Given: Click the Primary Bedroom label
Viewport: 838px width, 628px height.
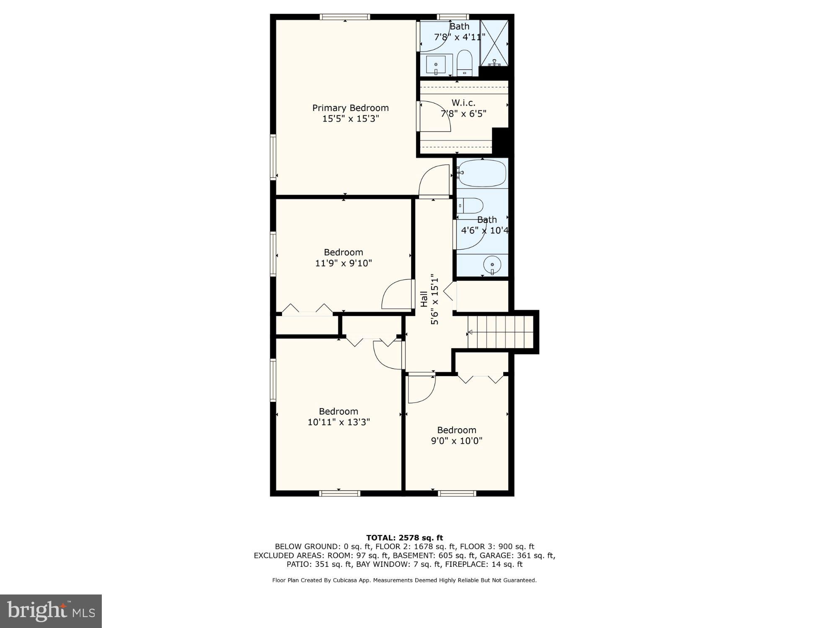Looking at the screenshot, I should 350,108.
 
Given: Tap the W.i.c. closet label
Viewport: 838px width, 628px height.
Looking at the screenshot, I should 463,103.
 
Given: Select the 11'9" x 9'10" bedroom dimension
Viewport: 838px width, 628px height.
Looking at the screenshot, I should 343,263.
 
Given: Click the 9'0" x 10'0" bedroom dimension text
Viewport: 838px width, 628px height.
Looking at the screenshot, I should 456,441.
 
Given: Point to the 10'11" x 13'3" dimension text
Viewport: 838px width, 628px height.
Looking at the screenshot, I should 338,422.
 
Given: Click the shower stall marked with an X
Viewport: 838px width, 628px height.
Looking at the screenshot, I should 494,42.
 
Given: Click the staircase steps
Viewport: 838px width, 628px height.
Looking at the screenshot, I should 501,332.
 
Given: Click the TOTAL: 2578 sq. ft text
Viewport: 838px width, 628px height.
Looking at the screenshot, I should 404,538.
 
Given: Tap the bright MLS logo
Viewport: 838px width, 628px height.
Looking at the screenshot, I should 51,611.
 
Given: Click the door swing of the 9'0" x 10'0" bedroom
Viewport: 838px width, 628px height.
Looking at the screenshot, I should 421,389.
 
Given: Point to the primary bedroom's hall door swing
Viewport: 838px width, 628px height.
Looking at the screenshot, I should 434,181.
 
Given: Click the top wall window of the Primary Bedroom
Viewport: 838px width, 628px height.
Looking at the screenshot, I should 344,17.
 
